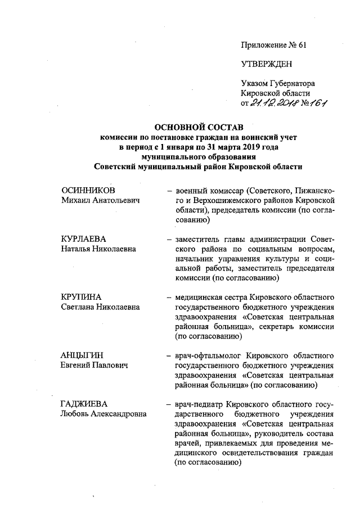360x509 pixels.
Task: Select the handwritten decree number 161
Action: point(319,103)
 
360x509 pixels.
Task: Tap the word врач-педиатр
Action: point(199,404)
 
